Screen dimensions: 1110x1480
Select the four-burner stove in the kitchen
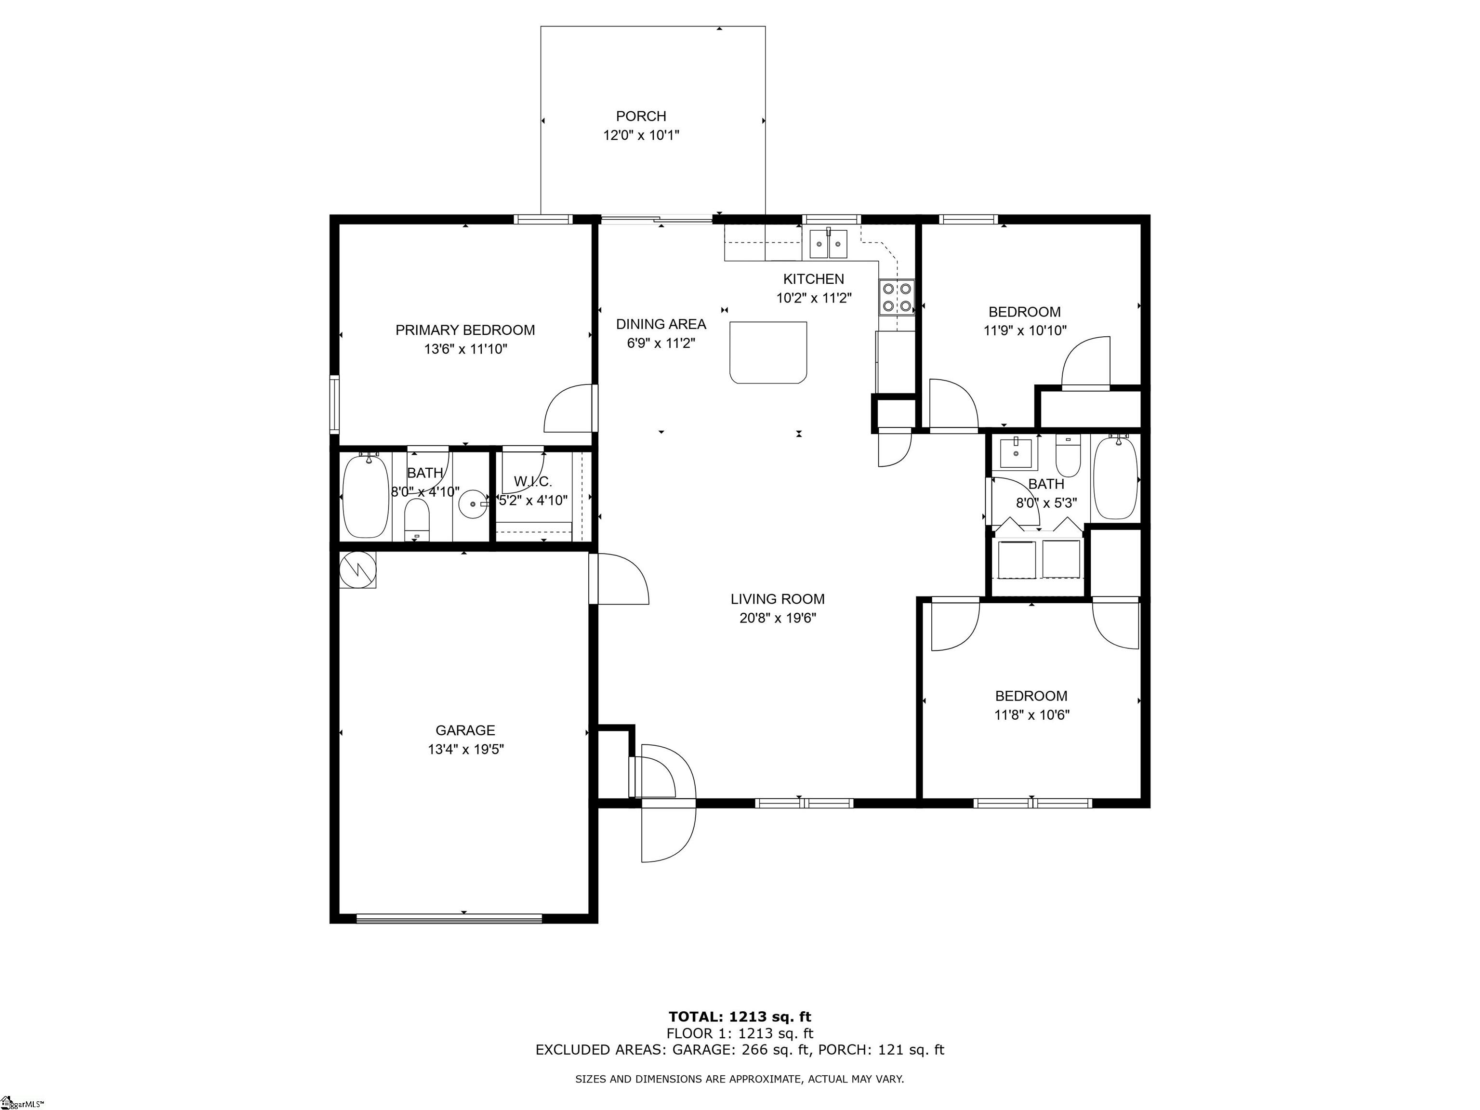(897, 297)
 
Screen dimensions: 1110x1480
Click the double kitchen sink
(828, 244)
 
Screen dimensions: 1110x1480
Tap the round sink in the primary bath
(473, 502)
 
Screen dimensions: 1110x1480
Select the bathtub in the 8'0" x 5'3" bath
(1115, 476)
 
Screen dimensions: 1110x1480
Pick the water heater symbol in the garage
(358, 570)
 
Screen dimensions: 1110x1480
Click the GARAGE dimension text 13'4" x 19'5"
(466, 749)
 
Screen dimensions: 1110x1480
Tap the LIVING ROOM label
(778, 599)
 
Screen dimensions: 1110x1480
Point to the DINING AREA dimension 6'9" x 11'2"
(661, 343)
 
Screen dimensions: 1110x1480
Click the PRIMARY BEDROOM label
(465, 330)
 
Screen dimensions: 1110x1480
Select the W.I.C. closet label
(532, 481)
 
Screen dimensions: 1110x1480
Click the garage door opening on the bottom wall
(448, 919)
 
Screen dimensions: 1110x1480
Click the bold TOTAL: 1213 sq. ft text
(740, 1017)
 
